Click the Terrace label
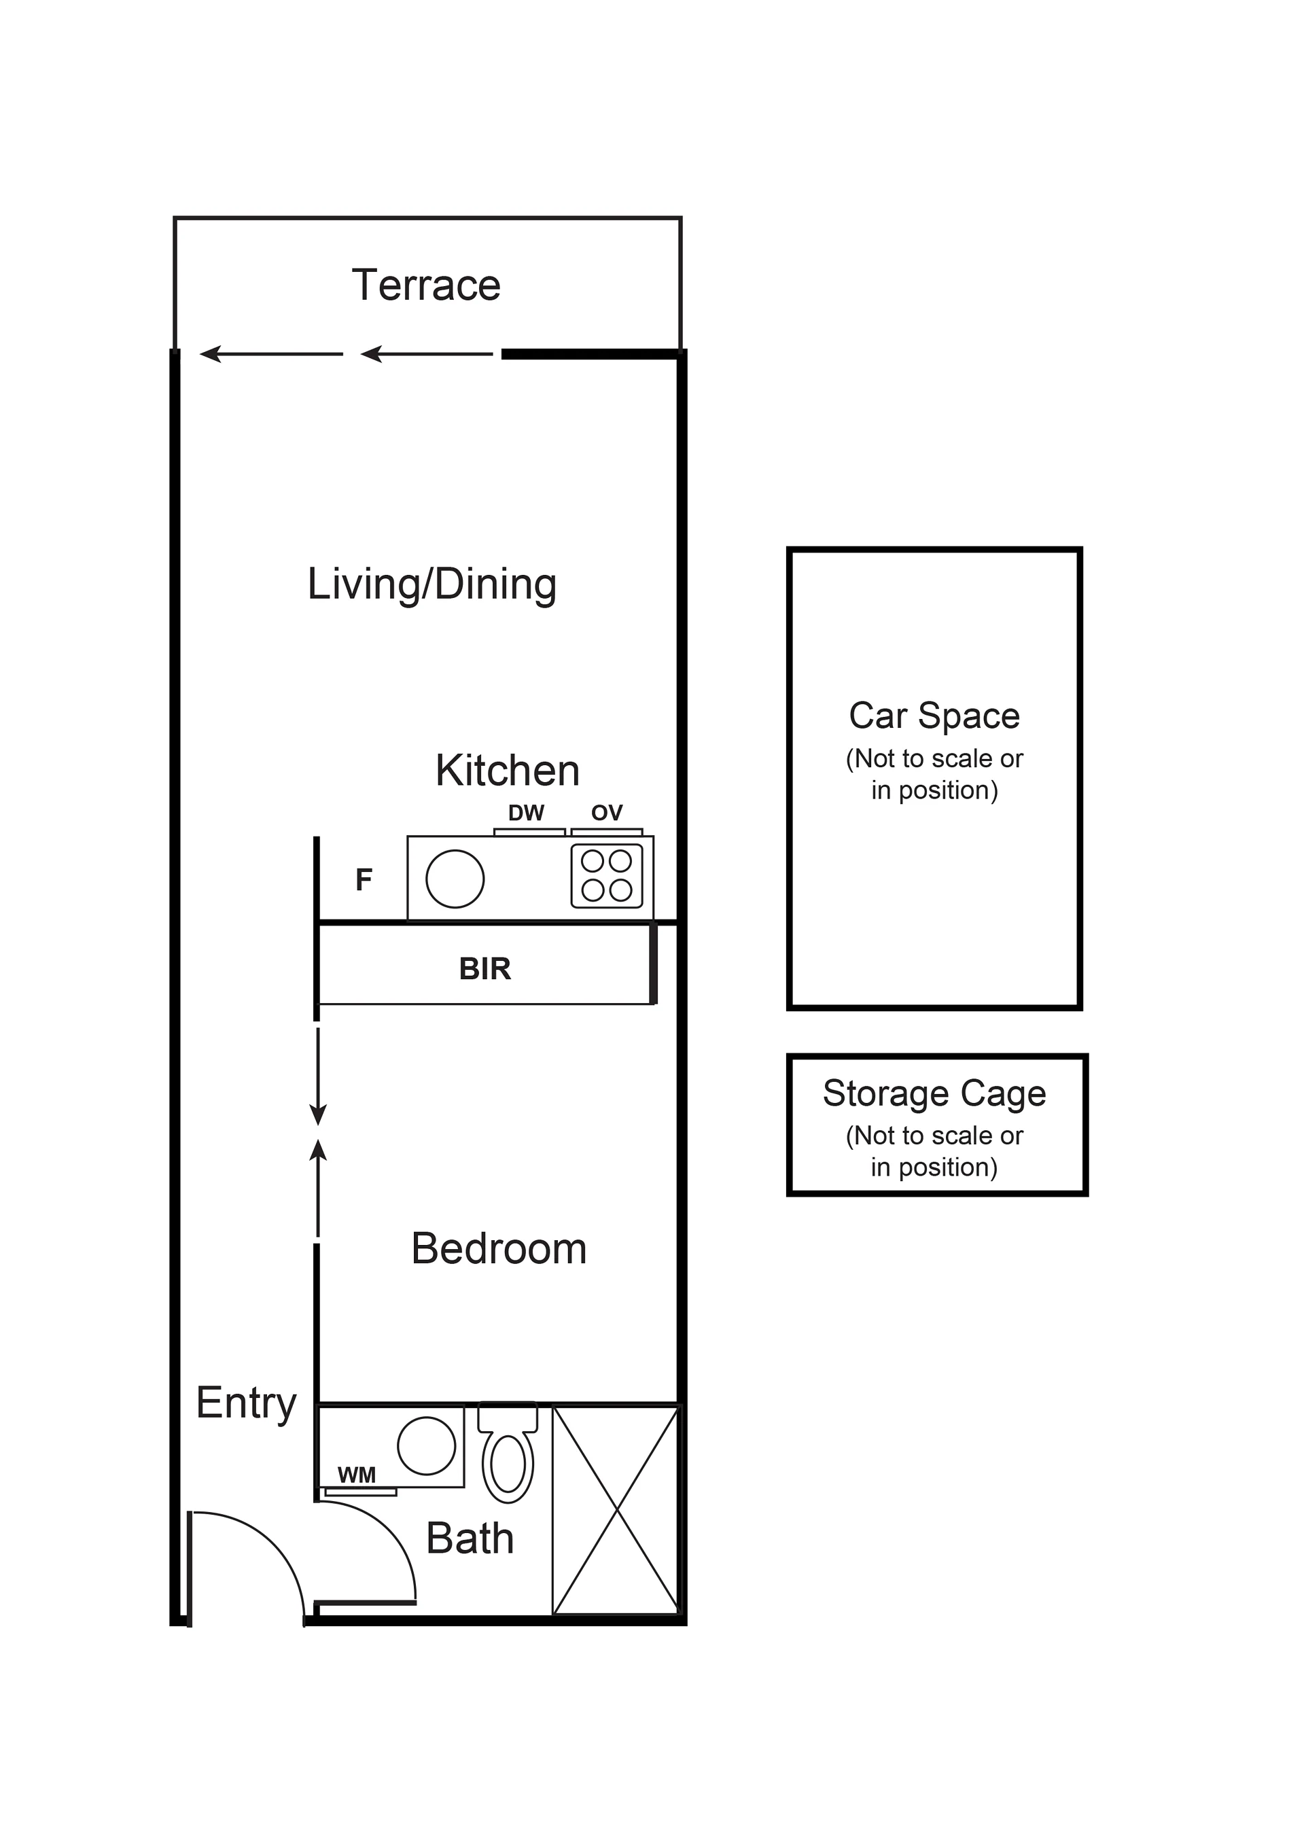(426, 285)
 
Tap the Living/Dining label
(431, 584)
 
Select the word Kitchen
(507, 771)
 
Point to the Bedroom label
(499, 1249)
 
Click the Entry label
(246, 1404)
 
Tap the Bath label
(470, 1538)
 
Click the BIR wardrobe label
(484, 969)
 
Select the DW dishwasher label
(526, 813)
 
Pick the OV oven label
(607, 813)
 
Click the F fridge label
(364, 880)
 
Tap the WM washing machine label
(357, 1475)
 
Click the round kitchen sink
(455, 879)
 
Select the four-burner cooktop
(607, 876)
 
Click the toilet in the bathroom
(508, 1453)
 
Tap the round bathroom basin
(427, 1445)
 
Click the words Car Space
(934, 716)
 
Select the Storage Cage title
(934, 1093)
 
